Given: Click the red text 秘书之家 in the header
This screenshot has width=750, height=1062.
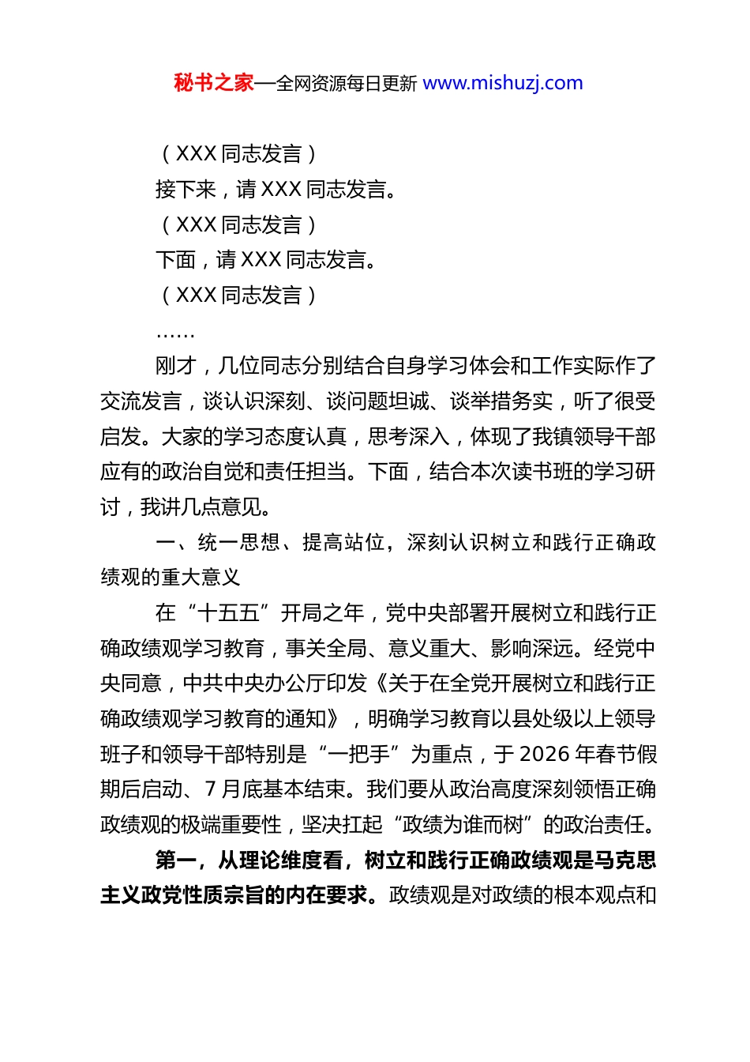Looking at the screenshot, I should click(213, 83).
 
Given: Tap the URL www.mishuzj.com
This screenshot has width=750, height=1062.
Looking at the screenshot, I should click(503, 83).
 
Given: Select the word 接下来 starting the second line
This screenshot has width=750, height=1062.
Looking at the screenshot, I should click(186, 190).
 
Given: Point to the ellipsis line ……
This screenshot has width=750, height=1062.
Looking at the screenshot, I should click(174, 333).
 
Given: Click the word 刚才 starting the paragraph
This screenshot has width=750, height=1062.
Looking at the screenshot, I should click(175, 366).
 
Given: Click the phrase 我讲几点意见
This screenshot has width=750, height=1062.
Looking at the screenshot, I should click(205, 507).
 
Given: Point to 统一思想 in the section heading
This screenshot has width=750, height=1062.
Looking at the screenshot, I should click(238, 543).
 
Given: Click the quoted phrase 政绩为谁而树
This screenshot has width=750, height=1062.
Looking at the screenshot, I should click(463, 825).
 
